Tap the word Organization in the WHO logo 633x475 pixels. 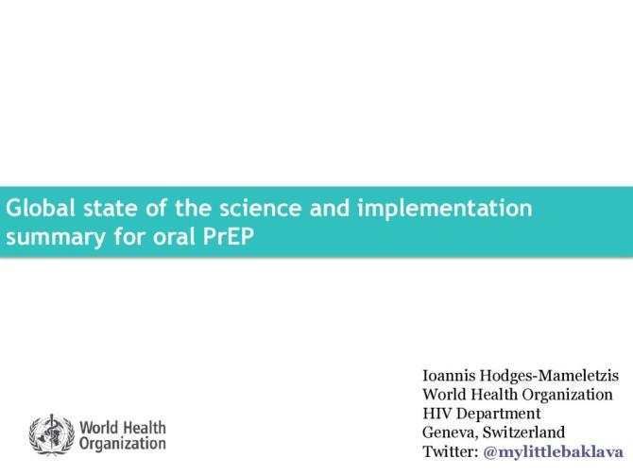(x=123, y=443)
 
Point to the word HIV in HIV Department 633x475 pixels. (x=437, y=414)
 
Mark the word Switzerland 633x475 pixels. (x=524, y=433)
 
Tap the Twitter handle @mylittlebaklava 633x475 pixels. (x=553, y=451)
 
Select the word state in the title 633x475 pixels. (x=107, y=208)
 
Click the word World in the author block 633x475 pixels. (x=444, y=395)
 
